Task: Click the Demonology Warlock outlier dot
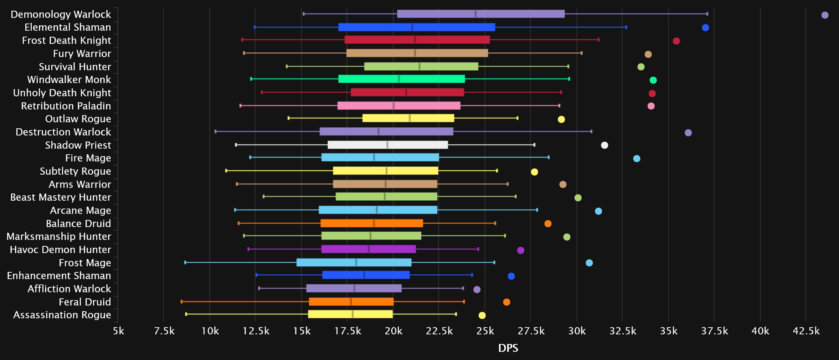[x=825, y=15]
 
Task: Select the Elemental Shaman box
[x=416, y=27]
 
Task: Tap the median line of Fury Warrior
[x=415, y=53]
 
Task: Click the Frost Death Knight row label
[x=66, y=40]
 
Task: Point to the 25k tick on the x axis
[x=485, y=331]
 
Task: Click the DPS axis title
[x=508, y=348]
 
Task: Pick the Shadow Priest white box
[x=387, y=145]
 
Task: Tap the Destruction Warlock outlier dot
[x=688, y=133]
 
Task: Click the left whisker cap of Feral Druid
[x=181, y=302]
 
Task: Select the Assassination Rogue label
[x=62, y=315]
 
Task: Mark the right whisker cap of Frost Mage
[x=494, y=262]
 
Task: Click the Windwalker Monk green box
[x=401, y=79]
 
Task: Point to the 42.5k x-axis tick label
[x=806, y=331]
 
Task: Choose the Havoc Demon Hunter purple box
[x=368, y=249]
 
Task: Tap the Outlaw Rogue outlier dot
[x=561, y=119]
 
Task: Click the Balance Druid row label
[x=78, y=223]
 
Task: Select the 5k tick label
[x=118, y=331]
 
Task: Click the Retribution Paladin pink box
[x=399, y=106]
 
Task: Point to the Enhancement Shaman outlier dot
[x=511, y=276]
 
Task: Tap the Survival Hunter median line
[x=419, y=66]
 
